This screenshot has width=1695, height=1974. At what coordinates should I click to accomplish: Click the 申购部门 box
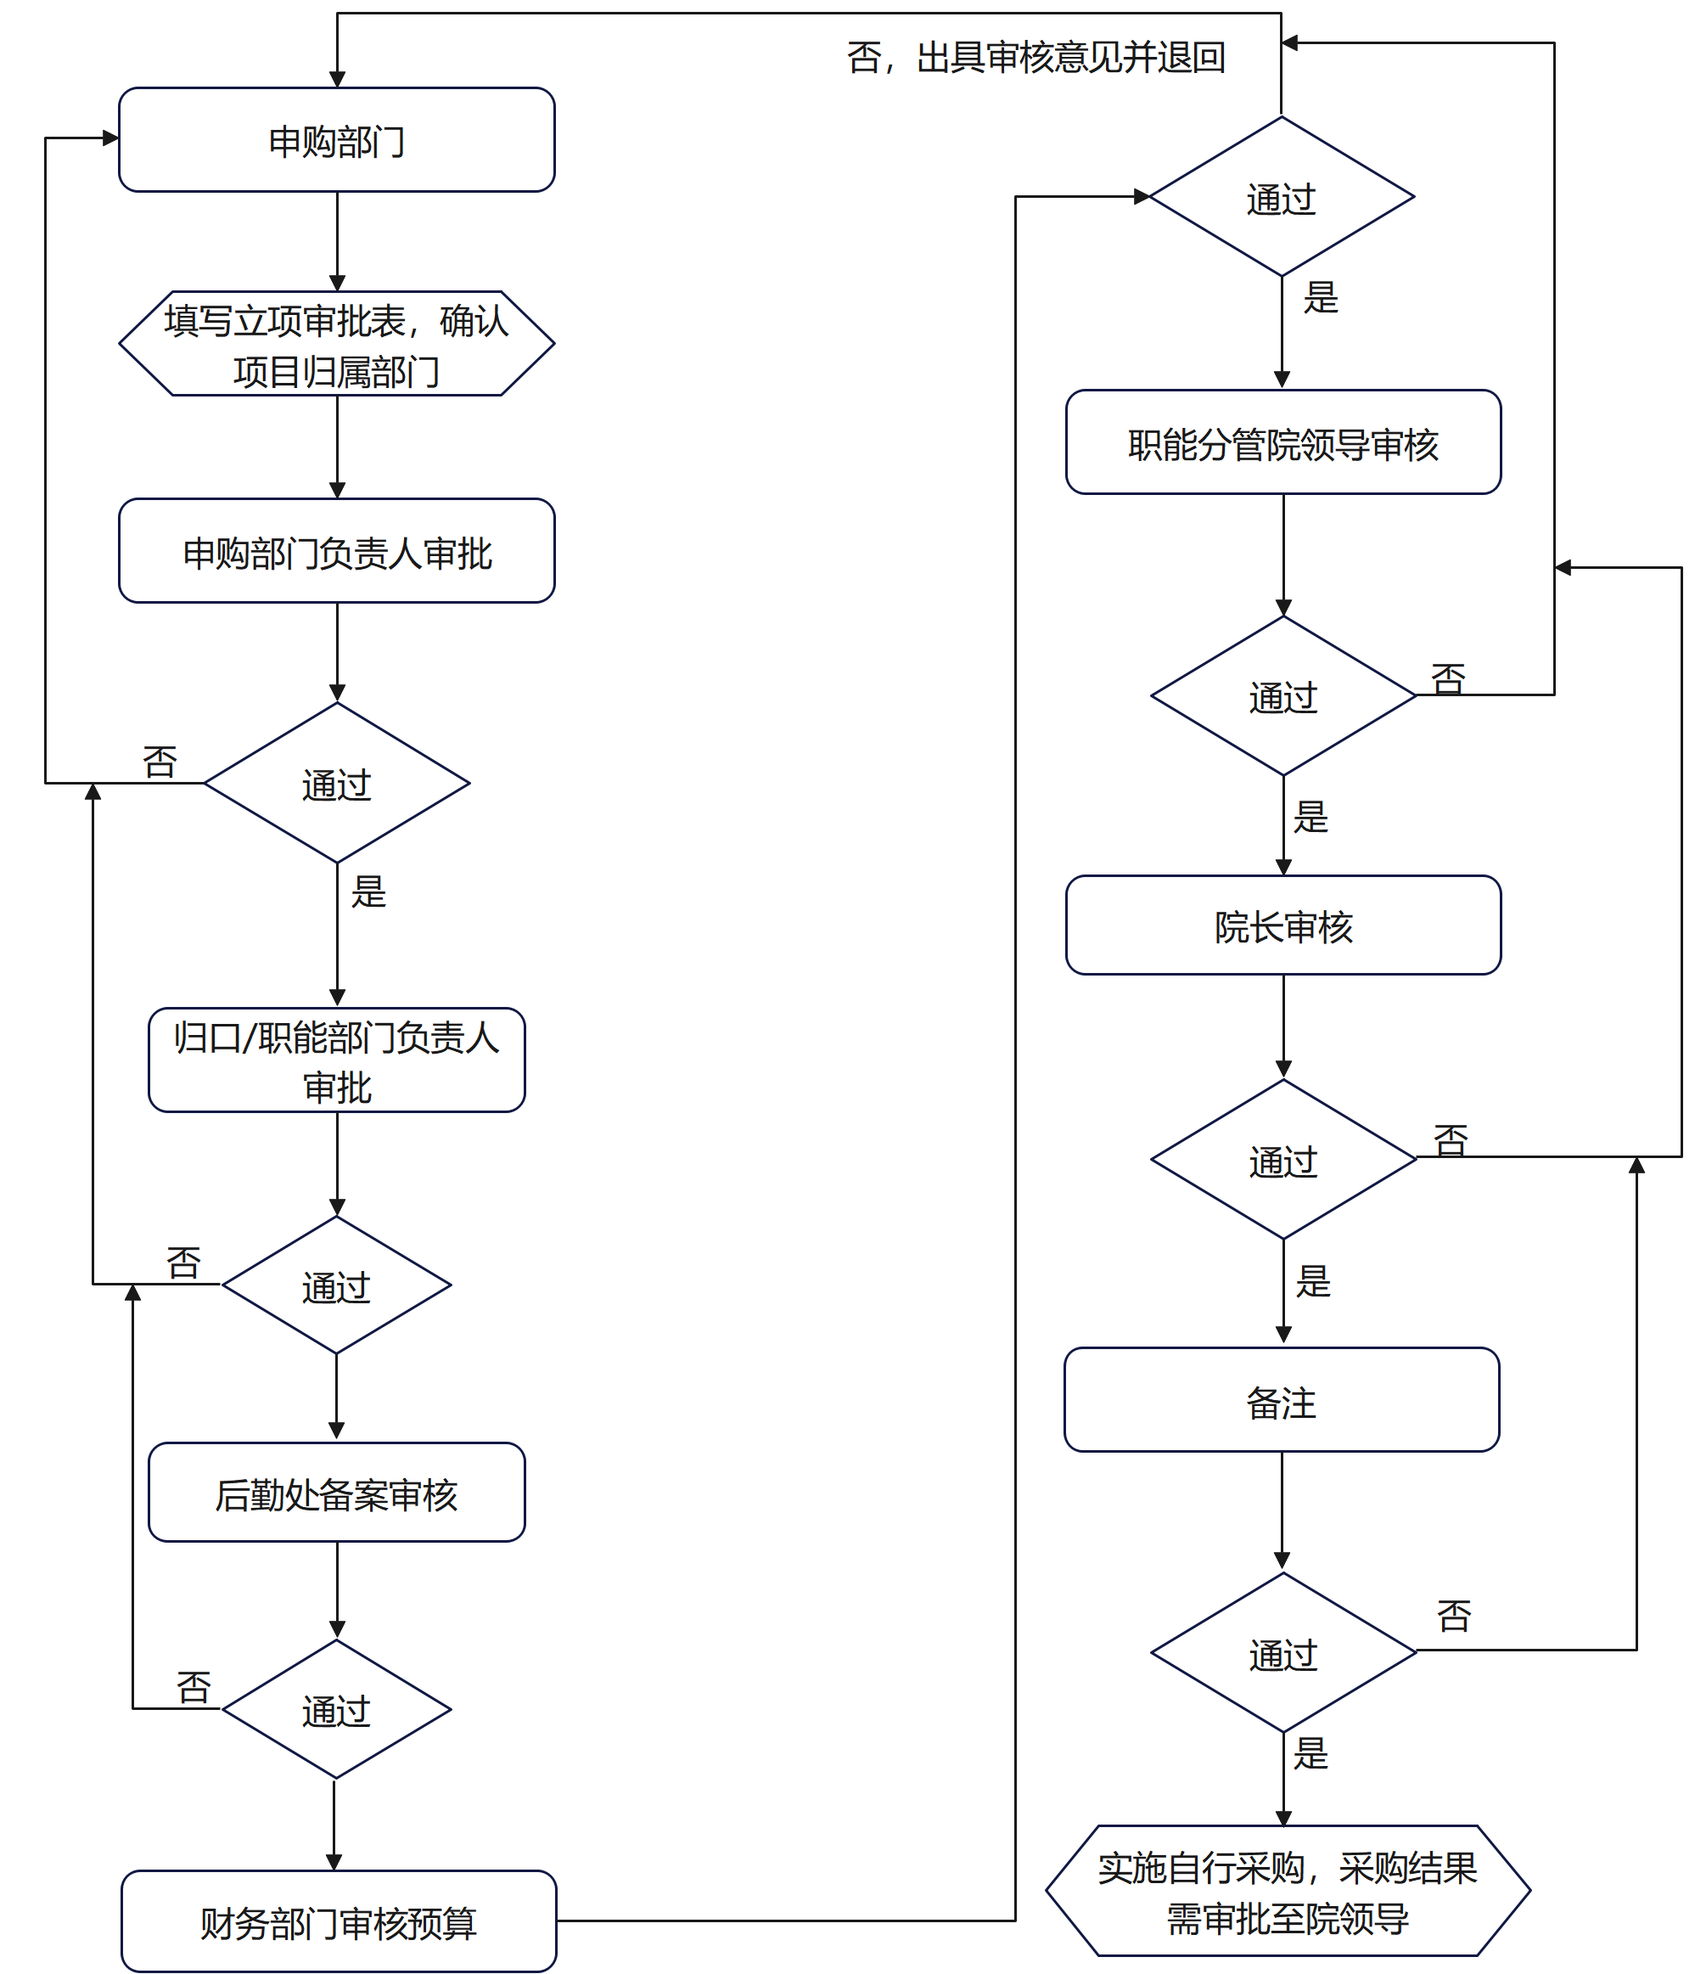[336, 140]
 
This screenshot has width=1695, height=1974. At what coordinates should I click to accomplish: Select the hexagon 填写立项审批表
[336, 344]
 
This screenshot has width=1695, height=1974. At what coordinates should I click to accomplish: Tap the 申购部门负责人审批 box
[336, 551]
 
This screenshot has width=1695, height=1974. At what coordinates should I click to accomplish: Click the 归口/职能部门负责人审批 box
[336, 1060]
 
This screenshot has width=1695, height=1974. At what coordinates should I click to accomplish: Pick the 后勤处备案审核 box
[336, 1492]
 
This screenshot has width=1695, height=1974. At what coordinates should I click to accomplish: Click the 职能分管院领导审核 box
[1282, 442]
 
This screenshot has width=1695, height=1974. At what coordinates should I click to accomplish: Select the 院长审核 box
[1282, 925]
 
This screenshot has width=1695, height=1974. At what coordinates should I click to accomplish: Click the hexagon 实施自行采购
[1287, 1891]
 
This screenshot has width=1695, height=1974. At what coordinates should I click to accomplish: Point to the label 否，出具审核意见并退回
[1036, 57]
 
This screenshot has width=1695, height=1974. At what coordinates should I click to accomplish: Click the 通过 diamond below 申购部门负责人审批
[336, 783]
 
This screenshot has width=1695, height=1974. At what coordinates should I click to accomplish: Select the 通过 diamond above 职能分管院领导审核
[1281, 197]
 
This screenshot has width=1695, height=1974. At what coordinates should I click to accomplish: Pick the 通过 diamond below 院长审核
[1282, 1160]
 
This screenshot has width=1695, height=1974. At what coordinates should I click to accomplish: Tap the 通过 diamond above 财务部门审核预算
[336, 1709]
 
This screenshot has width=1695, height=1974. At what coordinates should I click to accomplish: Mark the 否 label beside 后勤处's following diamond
[194, 1687]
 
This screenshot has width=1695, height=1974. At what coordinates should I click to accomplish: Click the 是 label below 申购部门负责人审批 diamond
[368, 891]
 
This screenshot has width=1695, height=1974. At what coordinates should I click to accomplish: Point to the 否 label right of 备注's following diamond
[1453, 1615]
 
